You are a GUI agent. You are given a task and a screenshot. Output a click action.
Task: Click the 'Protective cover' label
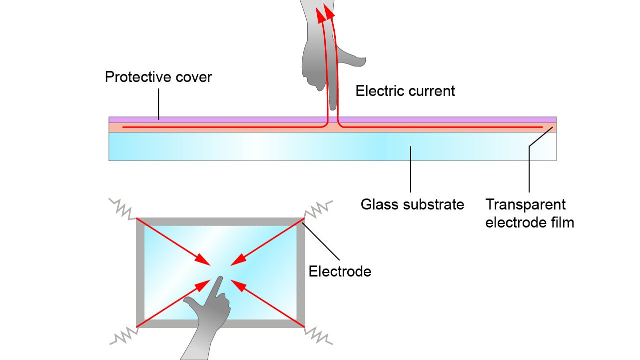(158, 77)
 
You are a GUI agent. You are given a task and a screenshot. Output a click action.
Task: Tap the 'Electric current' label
(405, 91)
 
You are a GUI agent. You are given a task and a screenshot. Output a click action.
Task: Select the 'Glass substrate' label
(412, 204)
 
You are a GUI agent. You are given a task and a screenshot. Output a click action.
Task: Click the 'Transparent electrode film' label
(529, 213)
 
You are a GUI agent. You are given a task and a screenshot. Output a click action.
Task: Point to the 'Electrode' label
(340, 271)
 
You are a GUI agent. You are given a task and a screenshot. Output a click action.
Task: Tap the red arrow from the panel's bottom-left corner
(172, 304)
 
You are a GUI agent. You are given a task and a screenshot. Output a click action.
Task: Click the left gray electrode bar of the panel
(140, 272)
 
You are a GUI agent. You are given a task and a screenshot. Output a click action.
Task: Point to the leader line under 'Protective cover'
(158, 104)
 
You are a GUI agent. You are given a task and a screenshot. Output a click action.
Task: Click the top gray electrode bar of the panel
(220, 221)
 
